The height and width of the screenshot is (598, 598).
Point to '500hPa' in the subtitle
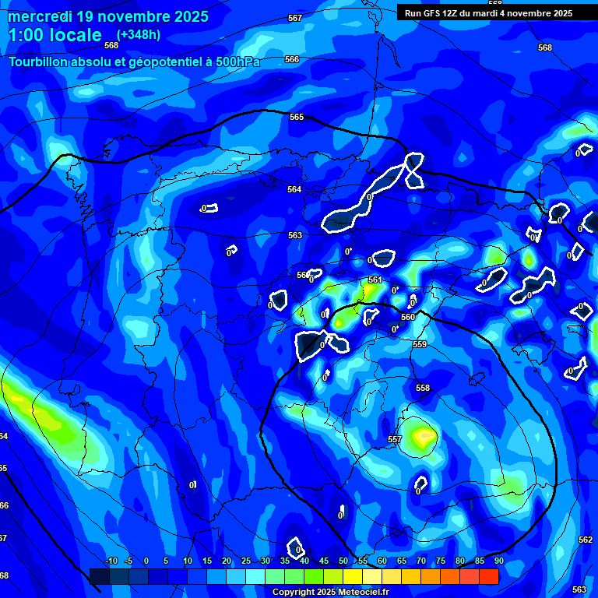pos(238,62)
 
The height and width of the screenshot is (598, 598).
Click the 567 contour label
pos(294,18)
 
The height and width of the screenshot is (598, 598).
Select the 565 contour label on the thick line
pos(296,117)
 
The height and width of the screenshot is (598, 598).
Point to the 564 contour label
pos(294,189)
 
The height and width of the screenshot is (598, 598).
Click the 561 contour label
pos(375,280)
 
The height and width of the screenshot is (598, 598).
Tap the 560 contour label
pos(407,317)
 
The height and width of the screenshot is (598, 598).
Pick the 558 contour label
pos(423,388)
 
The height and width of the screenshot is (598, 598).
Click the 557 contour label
pos(395,439)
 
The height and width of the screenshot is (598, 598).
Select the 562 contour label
pos(586,540)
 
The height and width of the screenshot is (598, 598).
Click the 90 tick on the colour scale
pos(498,561)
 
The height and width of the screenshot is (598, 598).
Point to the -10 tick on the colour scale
pos(111,561)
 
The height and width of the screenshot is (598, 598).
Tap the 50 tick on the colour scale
pos(343,561)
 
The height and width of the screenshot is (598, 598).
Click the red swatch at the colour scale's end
pos(488,576)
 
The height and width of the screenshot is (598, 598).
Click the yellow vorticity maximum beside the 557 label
pos(423,434)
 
